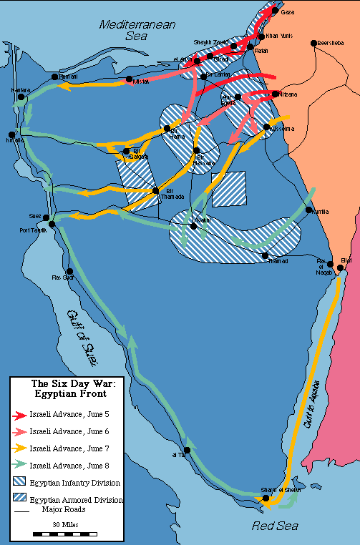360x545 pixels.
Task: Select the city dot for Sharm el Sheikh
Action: [x=265, y=498]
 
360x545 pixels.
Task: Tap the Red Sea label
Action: [x=276, y=527]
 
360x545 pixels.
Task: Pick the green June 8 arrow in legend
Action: [x=19, y=466]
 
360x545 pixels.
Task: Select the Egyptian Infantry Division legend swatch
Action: [x=20, y=483]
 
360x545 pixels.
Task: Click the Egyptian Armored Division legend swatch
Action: [x=20, y=499]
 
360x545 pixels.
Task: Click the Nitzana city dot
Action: [x=276, y=94]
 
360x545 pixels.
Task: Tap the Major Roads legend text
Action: [x=64, y=510]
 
